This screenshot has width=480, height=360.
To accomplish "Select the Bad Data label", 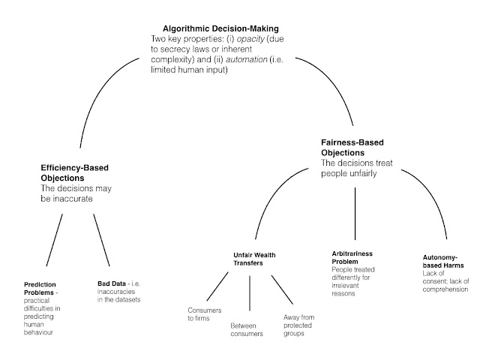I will pyautogui.click(x=112, y=284).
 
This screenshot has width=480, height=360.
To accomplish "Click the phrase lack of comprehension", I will pyautogui.click(x=441, y=286).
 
